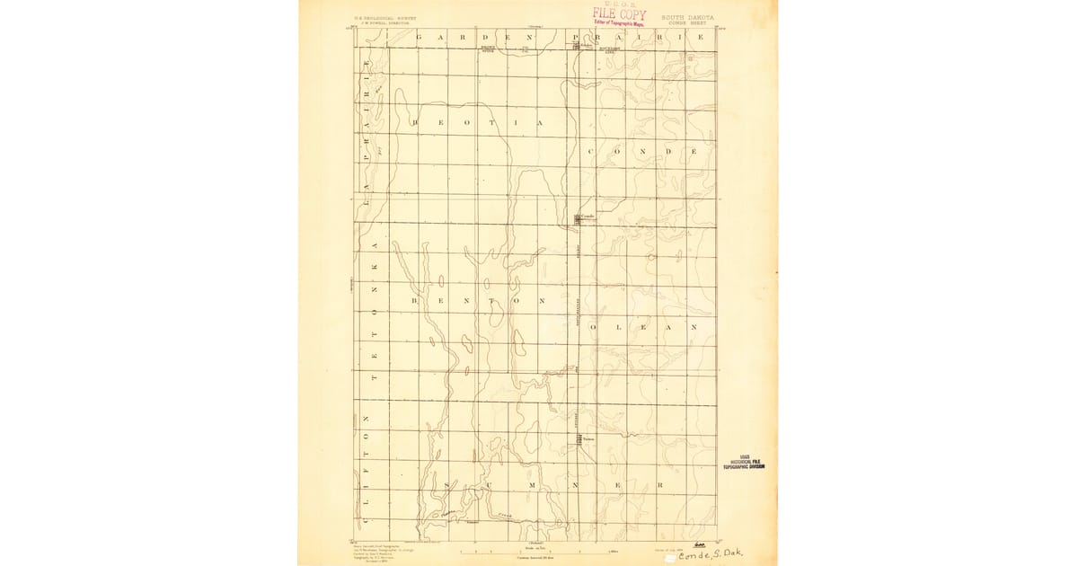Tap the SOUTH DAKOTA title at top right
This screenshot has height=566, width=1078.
(x=689, y=16)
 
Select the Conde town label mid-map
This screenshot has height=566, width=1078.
(x=588, y=216)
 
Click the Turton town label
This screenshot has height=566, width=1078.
(x=588, y=438)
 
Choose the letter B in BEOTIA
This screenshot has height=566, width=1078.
(x=415, y=122)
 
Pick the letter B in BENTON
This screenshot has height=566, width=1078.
(x=415, y=301)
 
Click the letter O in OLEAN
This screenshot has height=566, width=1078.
(x=592, y=328)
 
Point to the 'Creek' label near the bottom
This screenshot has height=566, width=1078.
(x=505, y=516)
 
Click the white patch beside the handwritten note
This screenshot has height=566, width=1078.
(x=670, y=558)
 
